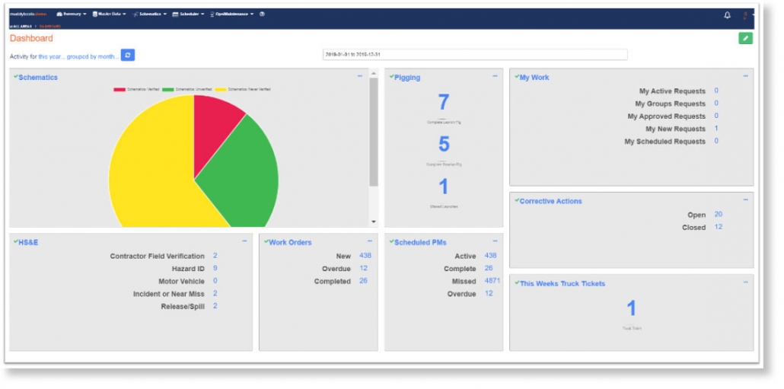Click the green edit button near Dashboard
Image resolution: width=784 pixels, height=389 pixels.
pyautogui.click(x=745, y=38)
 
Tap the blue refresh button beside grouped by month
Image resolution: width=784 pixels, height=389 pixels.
pyautogui.click(x=128, y=55)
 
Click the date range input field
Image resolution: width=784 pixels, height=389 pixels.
pyautogui.click(x=475, y=55)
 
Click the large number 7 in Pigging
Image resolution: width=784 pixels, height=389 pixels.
pyautogui.click(x=444, y=102)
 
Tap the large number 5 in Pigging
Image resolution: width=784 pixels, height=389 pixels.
pyautogui.click(x=444, y=144)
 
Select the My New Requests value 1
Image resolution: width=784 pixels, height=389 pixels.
pyautogui.click(x=716, y=129)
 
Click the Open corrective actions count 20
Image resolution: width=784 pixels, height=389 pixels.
pyautogui.click(x=719, y=215)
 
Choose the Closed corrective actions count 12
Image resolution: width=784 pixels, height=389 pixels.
pyautogui.click(x=719, y=227)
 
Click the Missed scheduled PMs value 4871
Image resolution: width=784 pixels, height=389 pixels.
pyautogui.click(x=492, y=281)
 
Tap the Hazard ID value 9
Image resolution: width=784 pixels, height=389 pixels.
pyautogui.click(x=215, y=268)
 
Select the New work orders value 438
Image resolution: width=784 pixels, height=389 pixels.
pyautogui.click(x=365, y=256)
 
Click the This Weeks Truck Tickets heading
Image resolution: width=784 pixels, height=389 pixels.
pyautogui.click(x=562, y=283)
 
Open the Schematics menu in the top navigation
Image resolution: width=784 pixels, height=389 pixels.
pyautogui.click(x=149, y=14)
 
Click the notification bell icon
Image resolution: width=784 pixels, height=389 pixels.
pyautogui.click(x=727, y=14)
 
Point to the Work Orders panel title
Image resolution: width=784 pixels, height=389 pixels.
pyautogui.click(x=290, y=242)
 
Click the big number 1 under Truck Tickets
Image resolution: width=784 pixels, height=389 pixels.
pyautogui.click(x=631, y=308)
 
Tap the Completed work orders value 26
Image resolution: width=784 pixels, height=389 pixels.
pyautogui.click(x=363, y=281)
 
